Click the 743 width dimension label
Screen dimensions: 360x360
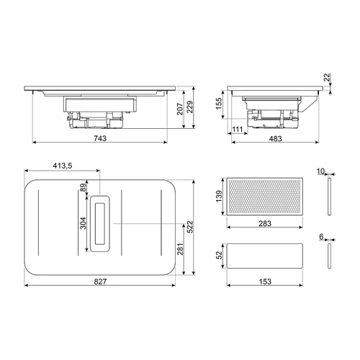[x=100, y=138]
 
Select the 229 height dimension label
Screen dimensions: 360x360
[x=189, y=107]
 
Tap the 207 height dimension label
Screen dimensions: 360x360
[x=180, y=109]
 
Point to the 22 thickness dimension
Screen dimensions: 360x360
[x=327, y=78]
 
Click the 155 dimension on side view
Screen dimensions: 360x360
[x=219, y=104]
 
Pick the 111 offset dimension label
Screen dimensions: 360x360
[x=238, y=130]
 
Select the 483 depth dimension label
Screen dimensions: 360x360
[x=275, y=138]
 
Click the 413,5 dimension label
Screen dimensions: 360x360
[x=63, y=166]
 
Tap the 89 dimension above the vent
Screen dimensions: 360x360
[x=83, y=187]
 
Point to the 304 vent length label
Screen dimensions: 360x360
[x=83, y=223]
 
